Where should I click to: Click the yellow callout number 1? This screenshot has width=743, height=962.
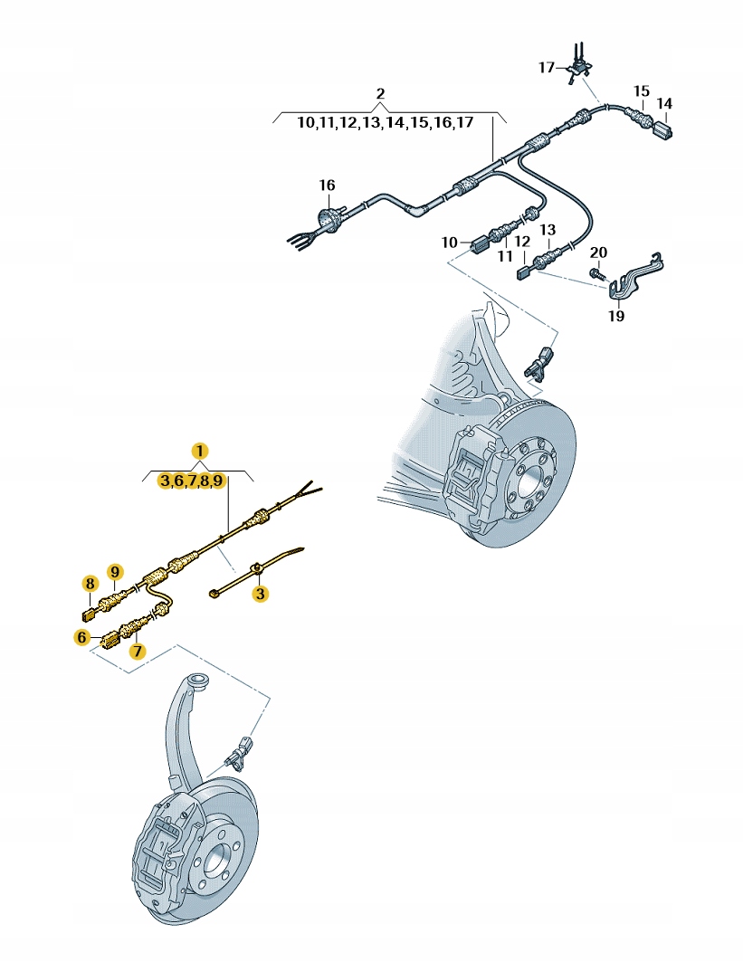pos(199,451)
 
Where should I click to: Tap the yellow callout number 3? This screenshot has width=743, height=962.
pos(261,594)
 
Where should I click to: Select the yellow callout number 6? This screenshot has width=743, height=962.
pos(81,638)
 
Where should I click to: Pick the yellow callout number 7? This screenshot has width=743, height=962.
pos(138,651)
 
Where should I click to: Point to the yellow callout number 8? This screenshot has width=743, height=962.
pos(90,583)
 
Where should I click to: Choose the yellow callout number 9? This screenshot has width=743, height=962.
pos(115,572)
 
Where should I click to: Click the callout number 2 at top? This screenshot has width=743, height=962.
pos(380,94)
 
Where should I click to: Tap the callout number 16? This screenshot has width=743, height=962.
pos(327,185)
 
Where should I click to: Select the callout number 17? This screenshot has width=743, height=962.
pos(547,68)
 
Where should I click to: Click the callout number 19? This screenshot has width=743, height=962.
pos(616,316)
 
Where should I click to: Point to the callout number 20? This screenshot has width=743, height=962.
pos(598,252)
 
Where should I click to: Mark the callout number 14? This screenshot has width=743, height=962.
pos(664,104)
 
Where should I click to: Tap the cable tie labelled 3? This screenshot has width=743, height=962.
pos(256,571)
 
